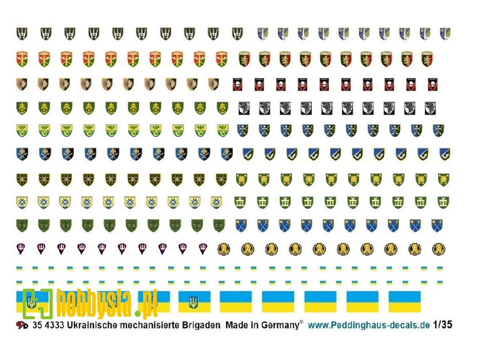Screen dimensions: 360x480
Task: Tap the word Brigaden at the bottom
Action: pyautogui.click(x=199, y=325)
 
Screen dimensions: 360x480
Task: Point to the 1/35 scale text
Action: pyautogui.click(x=442, y=325)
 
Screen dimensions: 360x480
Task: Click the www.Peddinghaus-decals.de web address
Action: pyautogui.click(x=369, y=325)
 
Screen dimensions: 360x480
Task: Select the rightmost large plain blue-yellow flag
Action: pyautogui.click(x=404, y=301)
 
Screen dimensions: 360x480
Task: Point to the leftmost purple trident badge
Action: pyautogui.click(x=21, y=248)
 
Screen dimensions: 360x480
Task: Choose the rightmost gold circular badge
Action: pyautogui.click(x=439, y=249)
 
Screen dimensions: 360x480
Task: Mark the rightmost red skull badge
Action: pyautogui.click(x=433, y=84)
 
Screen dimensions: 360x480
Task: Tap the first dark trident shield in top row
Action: pyautogui.click(x=21, y=33)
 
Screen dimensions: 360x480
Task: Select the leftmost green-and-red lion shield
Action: pyautogui.click(x=244, y=59)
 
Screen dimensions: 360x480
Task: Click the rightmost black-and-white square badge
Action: pyautogui.click(x=430, y=108)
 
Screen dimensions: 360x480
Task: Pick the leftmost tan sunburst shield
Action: pyautogui.click(x=21, y=84)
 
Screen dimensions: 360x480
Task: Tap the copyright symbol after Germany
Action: pyautogui.click(x=301, y=323)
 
